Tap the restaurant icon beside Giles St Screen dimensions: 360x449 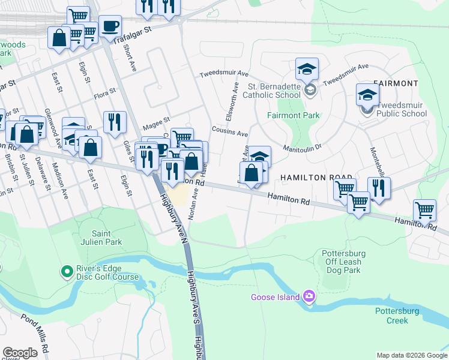(x=115, y=122)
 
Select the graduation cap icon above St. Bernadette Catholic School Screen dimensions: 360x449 (x=307, y=69)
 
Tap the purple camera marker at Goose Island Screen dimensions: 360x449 (x=309, y=296)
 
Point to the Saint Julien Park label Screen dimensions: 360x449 (x=106, y=238)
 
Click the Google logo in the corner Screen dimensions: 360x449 (x=20, y=353)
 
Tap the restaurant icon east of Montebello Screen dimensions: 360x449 (x=379, y=188)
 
